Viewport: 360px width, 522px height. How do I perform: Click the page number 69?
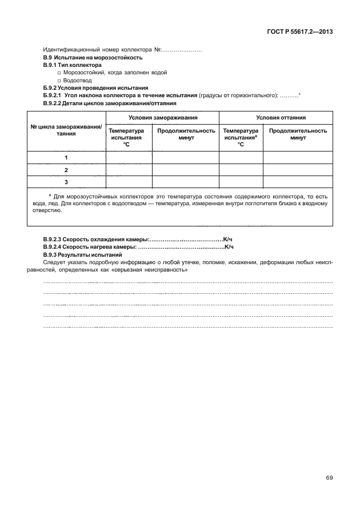329,478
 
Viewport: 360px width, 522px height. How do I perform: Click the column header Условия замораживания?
163,117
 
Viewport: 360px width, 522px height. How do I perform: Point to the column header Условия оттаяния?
276,117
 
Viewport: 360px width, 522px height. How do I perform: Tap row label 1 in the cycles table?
66,157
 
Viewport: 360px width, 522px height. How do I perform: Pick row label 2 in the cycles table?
66,170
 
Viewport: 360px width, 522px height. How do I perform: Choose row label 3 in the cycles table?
66,182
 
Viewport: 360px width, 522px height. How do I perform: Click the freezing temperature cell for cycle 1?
129,157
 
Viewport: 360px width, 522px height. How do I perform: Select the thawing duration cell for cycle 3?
297,182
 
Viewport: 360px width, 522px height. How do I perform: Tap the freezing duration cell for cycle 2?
185,170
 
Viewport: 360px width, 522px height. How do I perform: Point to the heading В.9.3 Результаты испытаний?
82,254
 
